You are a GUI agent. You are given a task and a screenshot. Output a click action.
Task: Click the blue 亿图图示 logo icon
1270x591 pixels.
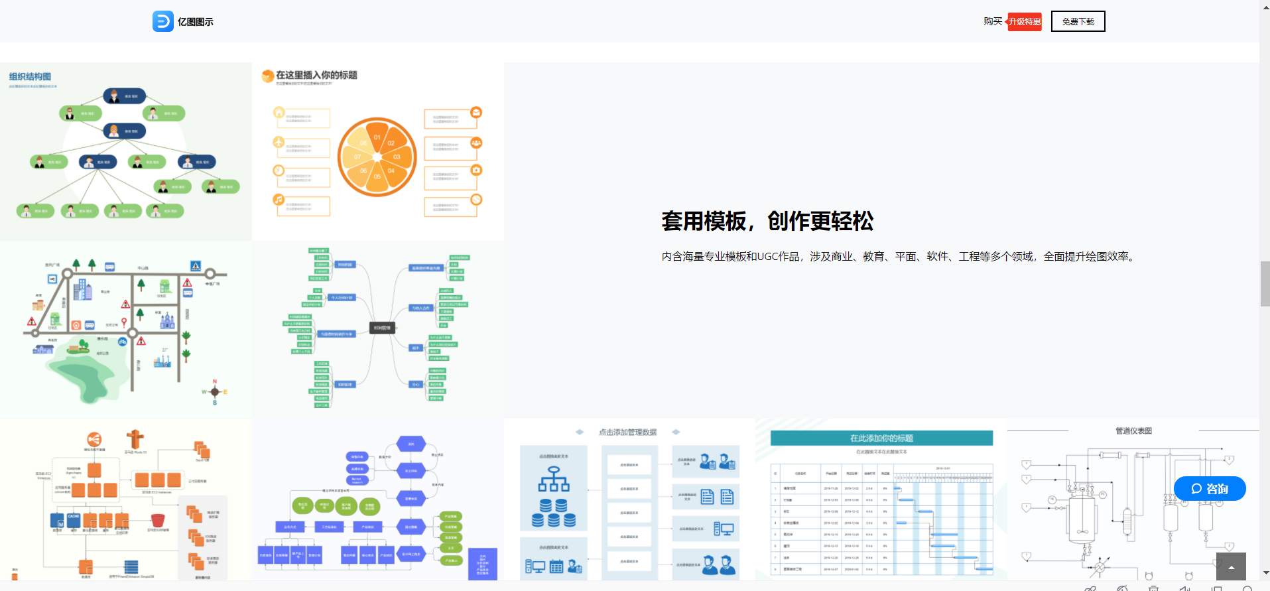[162, 21]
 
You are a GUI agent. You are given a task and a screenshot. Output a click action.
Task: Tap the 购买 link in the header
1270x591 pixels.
[992, 21]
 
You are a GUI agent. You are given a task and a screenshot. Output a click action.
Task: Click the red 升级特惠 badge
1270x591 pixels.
[1025, 22]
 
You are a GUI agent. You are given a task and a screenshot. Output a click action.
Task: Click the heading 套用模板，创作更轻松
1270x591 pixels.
[767, 221]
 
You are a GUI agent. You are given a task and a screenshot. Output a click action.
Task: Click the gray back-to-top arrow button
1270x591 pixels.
[1231, 566]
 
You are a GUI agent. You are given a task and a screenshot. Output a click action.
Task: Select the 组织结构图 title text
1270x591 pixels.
[30, 77]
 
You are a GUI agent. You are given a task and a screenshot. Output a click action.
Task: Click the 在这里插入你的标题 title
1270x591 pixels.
[316, 76]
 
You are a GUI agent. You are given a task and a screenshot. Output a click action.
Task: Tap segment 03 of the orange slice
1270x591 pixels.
[397, 157]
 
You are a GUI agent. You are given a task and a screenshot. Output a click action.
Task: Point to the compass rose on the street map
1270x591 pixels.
[214, 392]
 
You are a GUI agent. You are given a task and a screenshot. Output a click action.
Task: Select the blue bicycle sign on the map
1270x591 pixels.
[123, 342]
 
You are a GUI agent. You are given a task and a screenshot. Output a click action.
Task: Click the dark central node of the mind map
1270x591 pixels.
[382, 328]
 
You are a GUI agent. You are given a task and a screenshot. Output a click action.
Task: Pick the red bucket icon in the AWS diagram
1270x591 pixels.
[158, 519]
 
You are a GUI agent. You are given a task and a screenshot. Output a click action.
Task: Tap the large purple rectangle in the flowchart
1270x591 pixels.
[482, 564]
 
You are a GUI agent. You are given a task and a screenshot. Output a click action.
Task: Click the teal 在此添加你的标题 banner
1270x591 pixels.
[881, 438]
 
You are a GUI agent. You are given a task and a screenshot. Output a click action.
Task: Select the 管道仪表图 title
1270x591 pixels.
[1133, 431]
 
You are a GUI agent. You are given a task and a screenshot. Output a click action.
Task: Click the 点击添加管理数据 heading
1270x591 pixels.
[627, 432]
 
